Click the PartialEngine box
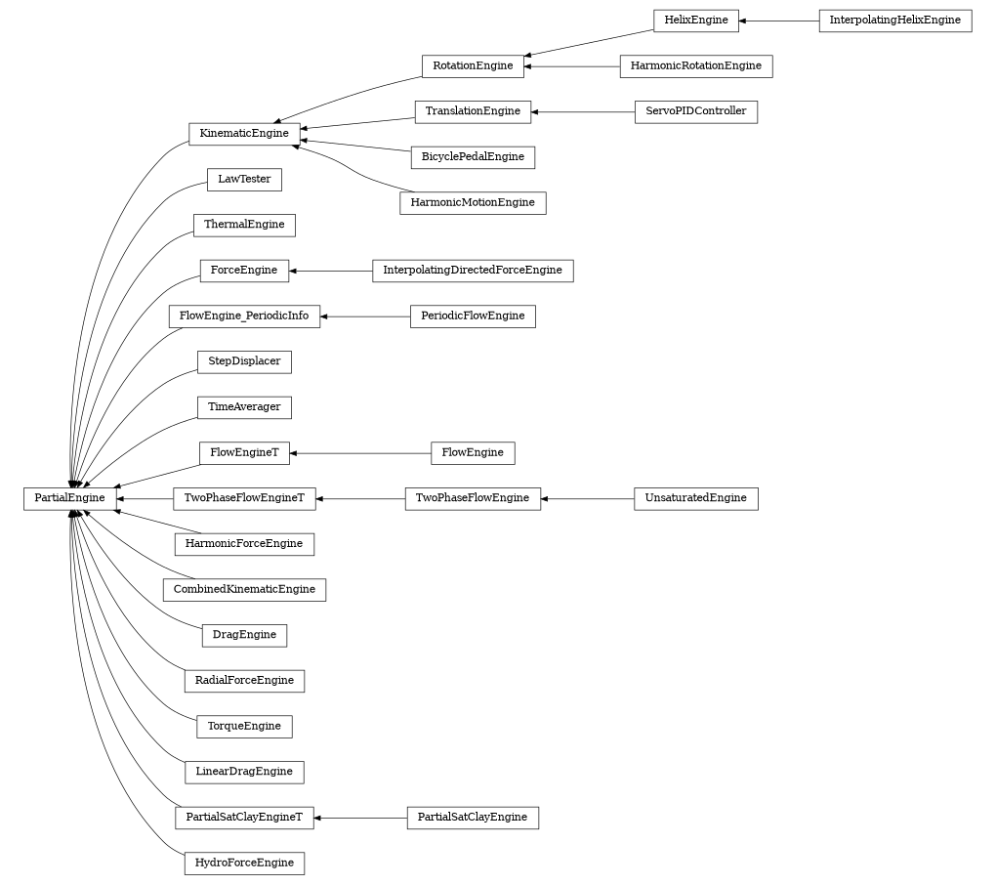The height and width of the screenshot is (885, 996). [x=69, y=498]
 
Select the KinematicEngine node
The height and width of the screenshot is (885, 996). [x=244, y=134]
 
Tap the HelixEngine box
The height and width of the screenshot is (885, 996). [x=696, y=21]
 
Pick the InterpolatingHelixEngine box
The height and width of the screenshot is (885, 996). [x=894, y=21]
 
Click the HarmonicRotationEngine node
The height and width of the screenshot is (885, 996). [x=695, y=66]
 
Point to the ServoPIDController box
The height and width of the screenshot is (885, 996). [x=695, y=111]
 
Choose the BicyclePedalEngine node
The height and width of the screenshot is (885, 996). [x=473, y=157]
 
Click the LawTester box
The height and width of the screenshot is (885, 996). [x=244, y=180]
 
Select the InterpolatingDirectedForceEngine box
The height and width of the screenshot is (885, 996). [x=473, y=271]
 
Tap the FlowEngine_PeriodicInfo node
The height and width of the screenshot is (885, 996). [x=244, y=316]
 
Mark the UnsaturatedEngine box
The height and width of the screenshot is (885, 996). [x=695, y=498]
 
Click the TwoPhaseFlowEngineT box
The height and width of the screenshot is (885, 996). [x=244, y=498]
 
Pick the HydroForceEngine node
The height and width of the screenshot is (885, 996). [x=244, y=864]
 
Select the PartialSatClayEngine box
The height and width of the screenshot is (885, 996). [x=473, y=818]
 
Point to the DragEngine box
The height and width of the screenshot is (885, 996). [x=244, y=635]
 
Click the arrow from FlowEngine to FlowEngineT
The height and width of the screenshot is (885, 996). [x=360, y=453]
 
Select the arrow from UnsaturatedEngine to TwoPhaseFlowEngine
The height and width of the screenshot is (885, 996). [x=587, y=498]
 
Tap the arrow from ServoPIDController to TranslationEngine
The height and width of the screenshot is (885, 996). [x=583, y=111]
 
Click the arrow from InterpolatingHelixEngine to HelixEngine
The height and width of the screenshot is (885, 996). [x=779, y=21]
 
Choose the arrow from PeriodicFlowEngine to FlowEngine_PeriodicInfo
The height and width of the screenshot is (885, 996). [x=365, y=316]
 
